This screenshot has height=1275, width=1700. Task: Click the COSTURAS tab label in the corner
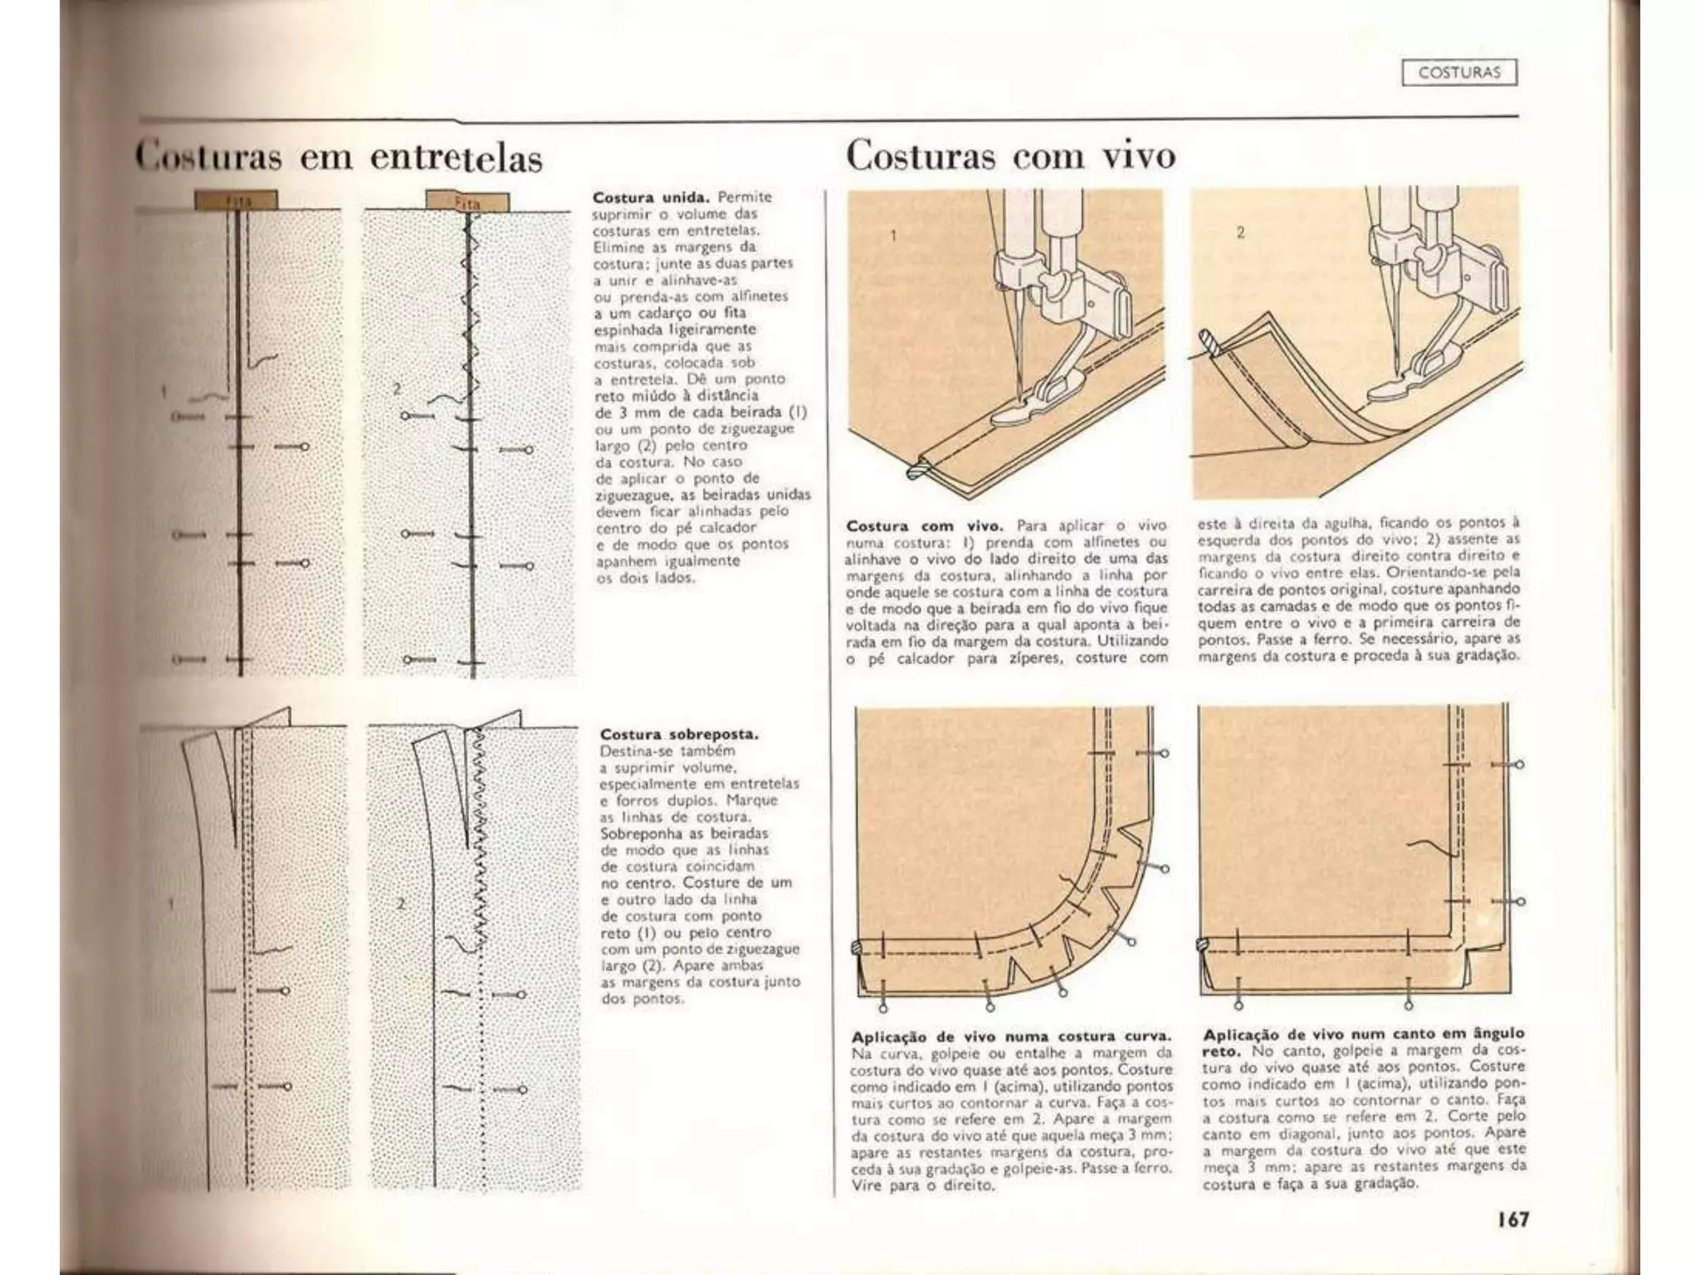click(1459, 73)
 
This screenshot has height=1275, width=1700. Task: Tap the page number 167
click(1512, 1219)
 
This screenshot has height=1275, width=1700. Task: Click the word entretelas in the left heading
click(456, 158)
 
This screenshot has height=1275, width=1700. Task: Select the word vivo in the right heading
click(1140, 155)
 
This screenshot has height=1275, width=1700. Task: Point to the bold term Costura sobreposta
click(679, 735)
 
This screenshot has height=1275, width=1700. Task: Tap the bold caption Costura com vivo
click(925, 526)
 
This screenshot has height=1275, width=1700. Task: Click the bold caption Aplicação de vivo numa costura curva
click(1012, 1036)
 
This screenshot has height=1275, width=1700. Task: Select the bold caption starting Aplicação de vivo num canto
click(1363, 1042)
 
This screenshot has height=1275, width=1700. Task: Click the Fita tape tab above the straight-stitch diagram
click(237, 200)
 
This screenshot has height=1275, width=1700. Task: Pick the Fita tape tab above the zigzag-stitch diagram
click(467, 201)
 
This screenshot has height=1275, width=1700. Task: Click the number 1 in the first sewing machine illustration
click(893, 236)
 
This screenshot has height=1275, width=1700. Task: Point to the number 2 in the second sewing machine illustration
click(1240, 232)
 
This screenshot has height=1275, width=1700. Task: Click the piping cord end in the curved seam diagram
click(857, 948)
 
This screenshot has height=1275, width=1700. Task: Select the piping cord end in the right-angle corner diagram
click(1201, 944)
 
